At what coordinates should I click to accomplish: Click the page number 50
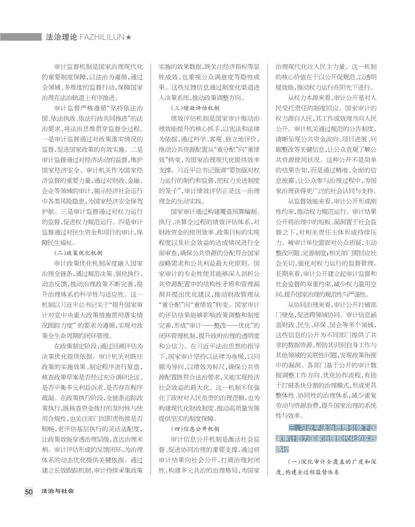pyautogui.click(x=29, y=492)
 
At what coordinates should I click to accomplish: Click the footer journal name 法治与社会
pyautogui.click(x=58, y=491)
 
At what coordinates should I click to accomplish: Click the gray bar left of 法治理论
pyautogui.click(x=20, y=37)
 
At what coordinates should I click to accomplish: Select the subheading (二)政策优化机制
pyautogui.click(x=78, y=253)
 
